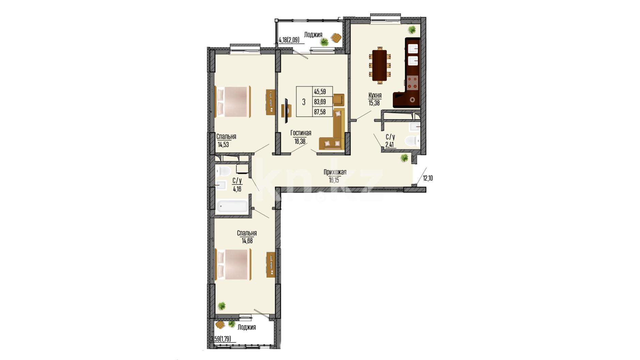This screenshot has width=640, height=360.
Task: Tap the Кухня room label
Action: (x=375, y=95)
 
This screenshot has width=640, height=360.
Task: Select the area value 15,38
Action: (x=374, y=103)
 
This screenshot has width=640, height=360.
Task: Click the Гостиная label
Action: (x=301, y=133)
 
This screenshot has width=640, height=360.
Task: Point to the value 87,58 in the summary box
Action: (x=320, y=112)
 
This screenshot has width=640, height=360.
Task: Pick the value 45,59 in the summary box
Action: (x=320, y=92)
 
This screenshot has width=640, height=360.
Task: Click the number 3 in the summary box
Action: (x=304, y=102)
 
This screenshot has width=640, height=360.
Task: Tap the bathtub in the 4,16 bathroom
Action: (x=233, y=206)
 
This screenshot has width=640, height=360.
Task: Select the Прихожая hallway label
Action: (x=335, y=172)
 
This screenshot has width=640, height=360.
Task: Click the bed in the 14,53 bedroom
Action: (x=233, y=102)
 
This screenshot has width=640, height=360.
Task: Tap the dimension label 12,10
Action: (x=428, y=178)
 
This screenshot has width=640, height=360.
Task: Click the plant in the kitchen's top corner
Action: (x=412, y=30)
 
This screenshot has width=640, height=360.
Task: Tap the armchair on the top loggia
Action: (x=336, y=37)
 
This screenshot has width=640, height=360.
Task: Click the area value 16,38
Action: (x=300, y=141)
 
